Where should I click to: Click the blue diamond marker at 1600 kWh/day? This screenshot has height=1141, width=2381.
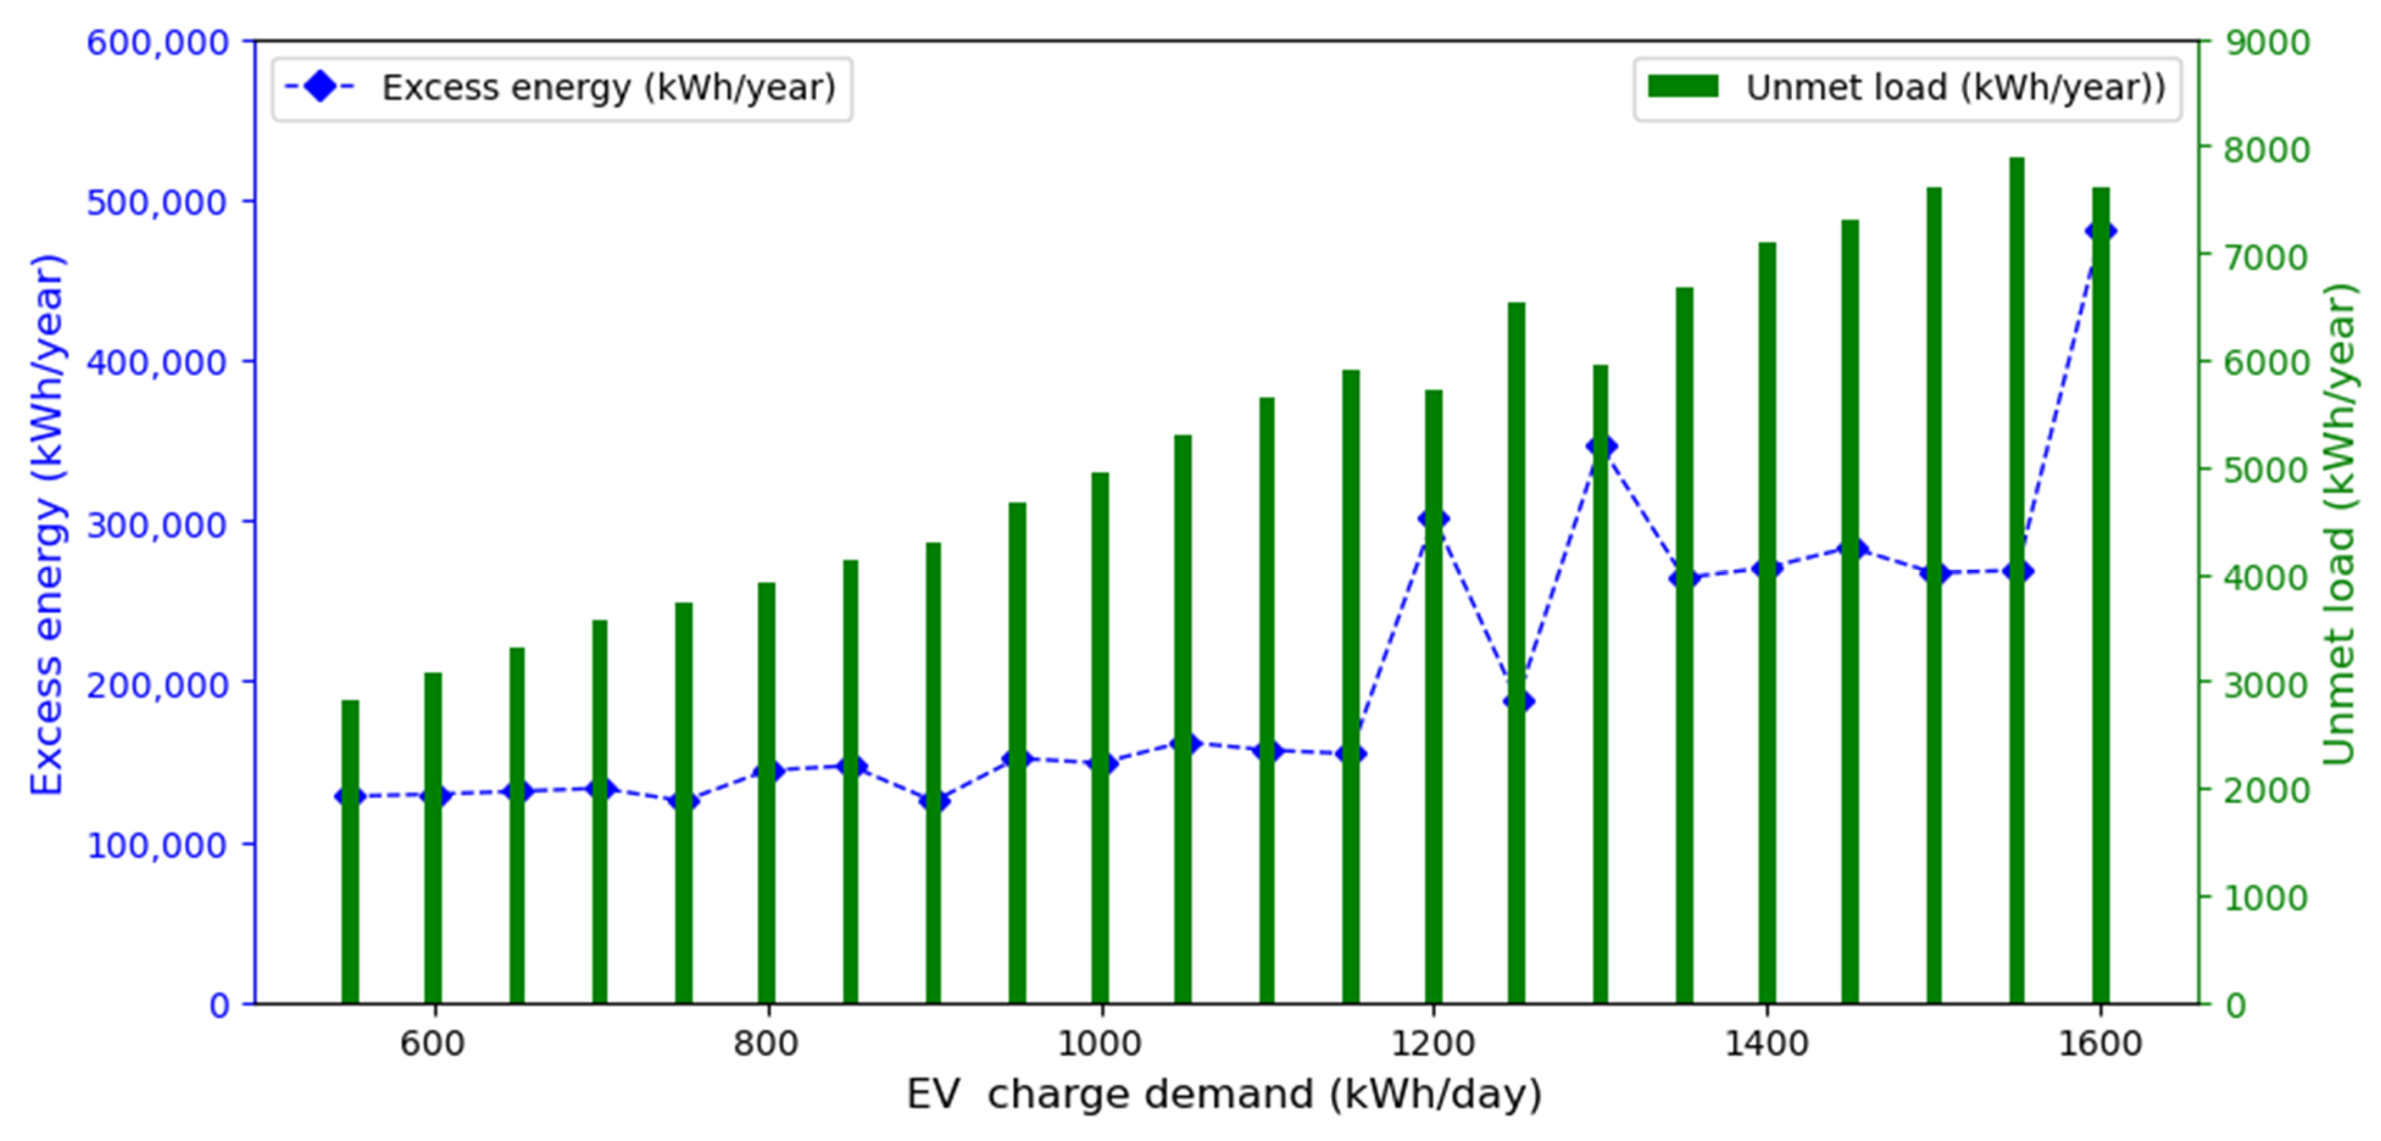(x=2100, y=231)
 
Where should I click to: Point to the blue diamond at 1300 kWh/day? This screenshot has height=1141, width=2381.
(x=1601, y=447)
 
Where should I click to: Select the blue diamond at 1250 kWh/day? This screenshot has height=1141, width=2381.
(x=1518, y=701)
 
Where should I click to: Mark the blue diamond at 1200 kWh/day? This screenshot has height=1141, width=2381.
(x=1434, y=519)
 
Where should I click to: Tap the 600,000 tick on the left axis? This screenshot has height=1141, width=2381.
(x=157, y=43)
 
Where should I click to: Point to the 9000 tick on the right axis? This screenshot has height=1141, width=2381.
(x=2266, y=43)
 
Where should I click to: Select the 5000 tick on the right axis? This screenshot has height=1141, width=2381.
(x=2266, y=469)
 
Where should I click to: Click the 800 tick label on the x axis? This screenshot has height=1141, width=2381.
(x=766, y=1044)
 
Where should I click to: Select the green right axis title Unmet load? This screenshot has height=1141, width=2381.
(x=2338, y=524)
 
